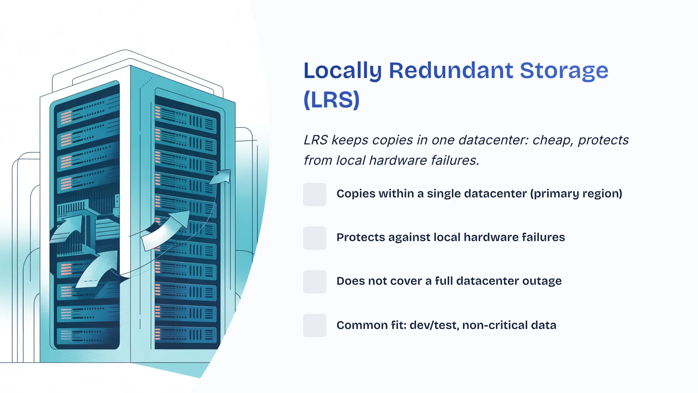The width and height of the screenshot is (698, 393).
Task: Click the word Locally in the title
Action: [342, 71]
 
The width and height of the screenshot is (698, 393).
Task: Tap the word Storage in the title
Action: [564, 71]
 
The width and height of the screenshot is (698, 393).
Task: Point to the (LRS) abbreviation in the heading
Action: [332, 100]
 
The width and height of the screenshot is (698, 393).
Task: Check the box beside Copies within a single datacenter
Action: [314, 194]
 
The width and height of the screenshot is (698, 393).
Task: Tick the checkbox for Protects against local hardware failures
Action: [314, 238]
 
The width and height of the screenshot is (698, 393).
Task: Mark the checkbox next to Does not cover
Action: [314, 282]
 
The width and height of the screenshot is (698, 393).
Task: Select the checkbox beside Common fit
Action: [314, 325]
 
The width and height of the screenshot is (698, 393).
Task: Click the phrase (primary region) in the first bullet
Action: [576, 194]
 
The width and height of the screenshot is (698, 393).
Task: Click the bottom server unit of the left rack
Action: [87, 336]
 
